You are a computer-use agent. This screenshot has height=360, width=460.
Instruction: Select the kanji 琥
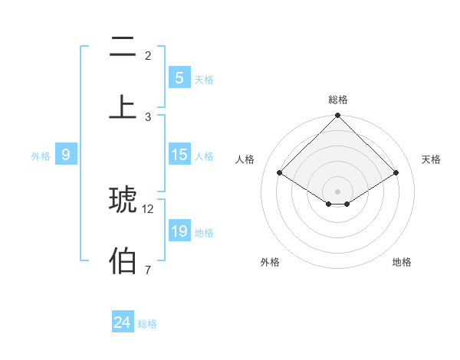[x=123, y=199]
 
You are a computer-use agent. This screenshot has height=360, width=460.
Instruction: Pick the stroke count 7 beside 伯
[x=148, y=270]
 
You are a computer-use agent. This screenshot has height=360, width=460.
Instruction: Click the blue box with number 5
[x=179, y=77]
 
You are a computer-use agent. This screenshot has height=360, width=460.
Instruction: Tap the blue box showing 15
[x=179, y=155]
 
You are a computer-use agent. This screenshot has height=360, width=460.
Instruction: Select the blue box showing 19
[x=179, y=231]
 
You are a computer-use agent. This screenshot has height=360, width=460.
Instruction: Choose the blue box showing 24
[x=123, y=322]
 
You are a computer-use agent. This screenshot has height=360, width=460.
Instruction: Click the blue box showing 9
[x=67, y=155]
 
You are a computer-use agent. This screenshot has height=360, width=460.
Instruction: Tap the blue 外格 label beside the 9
[x=41, y=155]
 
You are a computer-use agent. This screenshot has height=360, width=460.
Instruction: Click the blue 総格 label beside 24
[x=147, y=324]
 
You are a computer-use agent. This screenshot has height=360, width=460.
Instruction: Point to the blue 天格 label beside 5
[x=203, y=79]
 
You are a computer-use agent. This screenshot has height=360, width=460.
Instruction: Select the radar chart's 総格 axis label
[x=338, y=100]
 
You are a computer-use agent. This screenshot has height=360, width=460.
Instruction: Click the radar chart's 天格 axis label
[x=431, y=159]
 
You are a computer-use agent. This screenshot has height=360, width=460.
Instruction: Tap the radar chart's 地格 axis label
[x=402, y=262]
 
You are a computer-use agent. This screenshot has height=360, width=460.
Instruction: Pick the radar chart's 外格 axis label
[x=270, y=262]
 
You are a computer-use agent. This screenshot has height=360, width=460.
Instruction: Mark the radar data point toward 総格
[x=338, y=116]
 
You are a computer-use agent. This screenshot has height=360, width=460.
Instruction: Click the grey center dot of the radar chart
[x=338, y=191]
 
